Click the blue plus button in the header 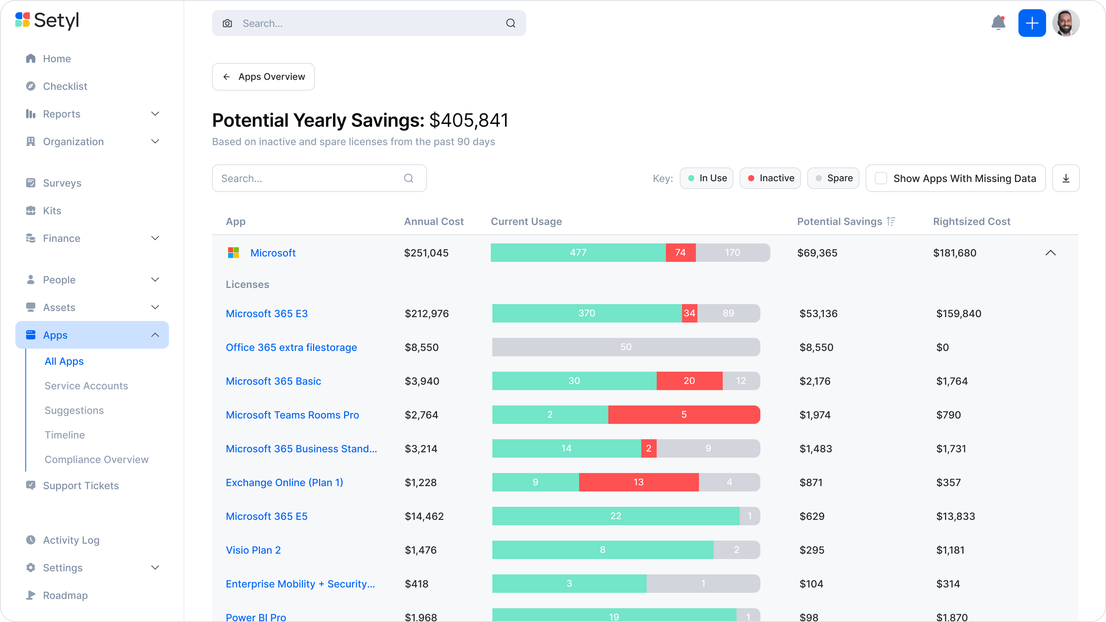(x=1032, y=23)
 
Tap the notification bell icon (x=998, y=23)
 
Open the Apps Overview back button (x=263, y=77)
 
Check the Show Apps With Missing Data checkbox (x=881, y=179)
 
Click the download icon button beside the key (x=1066, y=179)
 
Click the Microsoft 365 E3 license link (x=267, y=314)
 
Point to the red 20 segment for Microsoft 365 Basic (x=689, y=381)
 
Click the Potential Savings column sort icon (x=891, y=222)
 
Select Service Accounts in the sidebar (x=86, y=386)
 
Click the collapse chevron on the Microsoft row (x=1050, y=253)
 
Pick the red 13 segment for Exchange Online (x=638, y=483)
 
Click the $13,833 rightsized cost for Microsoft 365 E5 (x=955, y=516)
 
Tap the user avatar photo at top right (x=1066, y=23)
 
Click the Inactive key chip (x=770, y=179)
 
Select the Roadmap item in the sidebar (x=65, y=596)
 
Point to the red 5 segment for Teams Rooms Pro (x=684, y=415)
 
